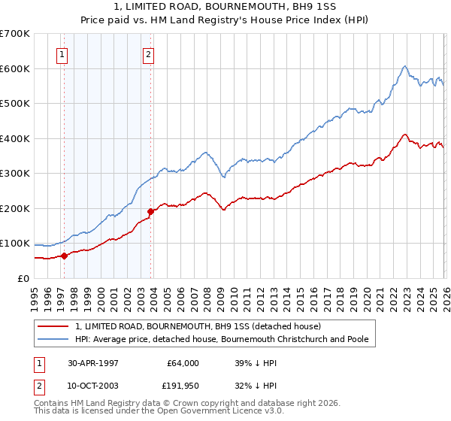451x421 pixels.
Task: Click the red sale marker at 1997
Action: click(64, 256)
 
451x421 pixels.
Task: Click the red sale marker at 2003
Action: click(150, 211)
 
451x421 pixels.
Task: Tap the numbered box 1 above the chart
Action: click(62, 54)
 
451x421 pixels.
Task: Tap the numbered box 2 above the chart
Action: click(149, 54)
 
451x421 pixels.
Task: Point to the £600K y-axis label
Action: click(15, 68)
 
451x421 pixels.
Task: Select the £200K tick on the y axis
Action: click(15, 208)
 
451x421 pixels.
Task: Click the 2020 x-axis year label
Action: click(365, 298)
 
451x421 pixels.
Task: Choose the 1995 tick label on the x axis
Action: click(35, 298)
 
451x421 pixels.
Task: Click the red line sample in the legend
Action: click(53, 326)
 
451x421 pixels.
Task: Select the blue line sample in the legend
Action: click(53, 340)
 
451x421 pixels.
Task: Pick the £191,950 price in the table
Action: click(183, 386)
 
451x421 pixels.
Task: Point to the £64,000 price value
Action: click(183, 363)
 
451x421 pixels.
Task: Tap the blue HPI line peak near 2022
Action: click(404, 66)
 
